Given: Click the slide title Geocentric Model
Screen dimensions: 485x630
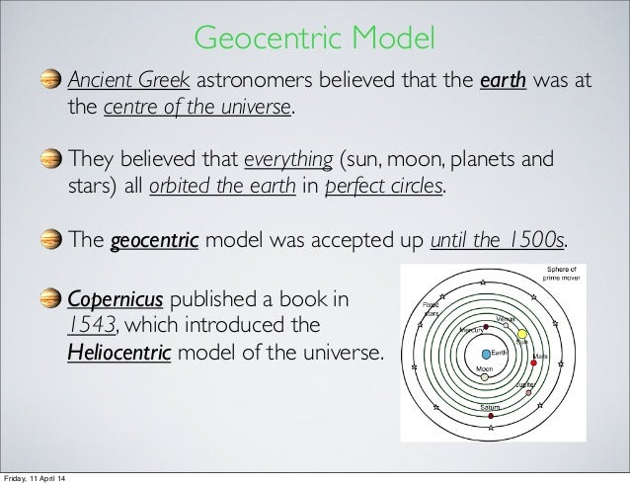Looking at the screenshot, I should (x=314, y=39).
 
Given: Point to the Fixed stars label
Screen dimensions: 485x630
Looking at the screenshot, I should (x=432, y=312).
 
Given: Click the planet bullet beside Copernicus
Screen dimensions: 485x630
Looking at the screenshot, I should (x=50, y=297).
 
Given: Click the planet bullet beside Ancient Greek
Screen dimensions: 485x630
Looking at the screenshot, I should (x=50, y=78).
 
